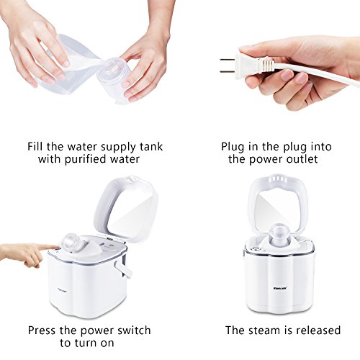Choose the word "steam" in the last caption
click(264, 330)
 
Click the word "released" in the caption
click(318, 330)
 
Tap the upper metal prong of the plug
click(227, 60)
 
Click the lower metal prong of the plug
click(227, 71)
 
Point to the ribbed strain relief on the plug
click(266, 66)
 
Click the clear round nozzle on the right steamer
click(279, 232)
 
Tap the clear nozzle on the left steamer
click(71, 242)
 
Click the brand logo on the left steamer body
click(62, 292)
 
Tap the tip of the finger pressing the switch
click(58, 247)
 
